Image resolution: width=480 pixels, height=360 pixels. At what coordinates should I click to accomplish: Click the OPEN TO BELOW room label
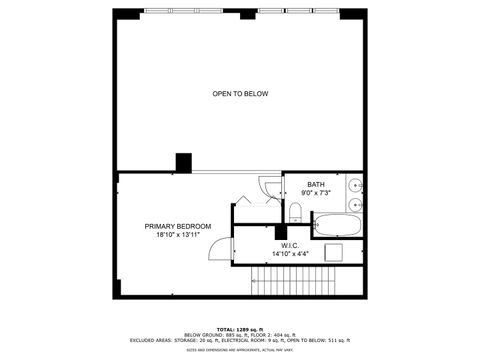click(240, 94)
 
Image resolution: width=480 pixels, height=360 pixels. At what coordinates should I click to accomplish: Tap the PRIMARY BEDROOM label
click(178, 226)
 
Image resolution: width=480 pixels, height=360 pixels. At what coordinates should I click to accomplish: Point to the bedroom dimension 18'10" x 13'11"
click(178, 235)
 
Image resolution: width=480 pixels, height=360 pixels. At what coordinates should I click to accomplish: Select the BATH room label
click(316, 184)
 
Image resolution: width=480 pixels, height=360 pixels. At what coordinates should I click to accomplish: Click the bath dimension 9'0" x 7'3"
click(316, 193)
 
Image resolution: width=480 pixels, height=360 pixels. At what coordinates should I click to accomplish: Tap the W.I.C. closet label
click(290, 245)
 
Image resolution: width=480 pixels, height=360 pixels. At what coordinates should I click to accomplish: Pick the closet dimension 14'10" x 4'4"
click(290, 254)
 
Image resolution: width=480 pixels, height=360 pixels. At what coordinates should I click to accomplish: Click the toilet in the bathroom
click(295, 211)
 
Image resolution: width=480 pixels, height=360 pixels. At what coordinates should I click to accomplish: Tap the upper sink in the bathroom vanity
click(355, 186)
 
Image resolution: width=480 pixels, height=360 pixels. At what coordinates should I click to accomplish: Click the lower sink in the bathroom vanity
click(355, 204)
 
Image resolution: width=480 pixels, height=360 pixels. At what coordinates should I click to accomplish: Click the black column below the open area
click(184, 162)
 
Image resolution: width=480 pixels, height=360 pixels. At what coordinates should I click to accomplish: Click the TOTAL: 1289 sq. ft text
click(240, 328)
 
